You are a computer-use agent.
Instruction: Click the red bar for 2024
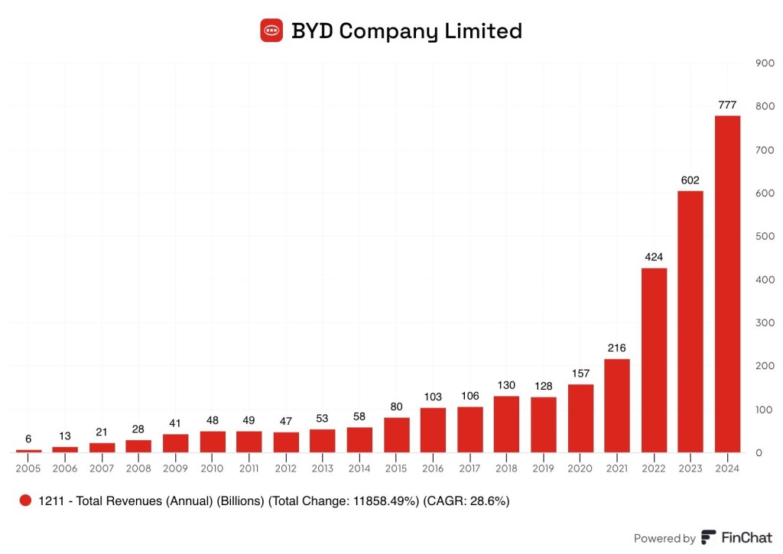coord(727,283)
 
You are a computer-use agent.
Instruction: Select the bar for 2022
coord(654,360)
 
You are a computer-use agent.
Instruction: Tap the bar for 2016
coord(433,430)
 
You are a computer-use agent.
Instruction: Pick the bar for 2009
coord(175,443)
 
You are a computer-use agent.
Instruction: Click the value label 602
coord(690,180)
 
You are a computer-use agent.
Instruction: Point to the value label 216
coord(617,348)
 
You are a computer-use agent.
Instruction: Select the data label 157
coord(580,374)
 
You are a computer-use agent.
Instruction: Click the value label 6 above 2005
coord(28,439)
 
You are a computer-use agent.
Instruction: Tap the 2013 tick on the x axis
coord(322,468)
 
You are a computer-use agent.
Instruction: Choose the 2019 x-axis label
coord(543,468)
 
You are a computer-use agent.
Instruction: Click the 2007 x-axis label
coord(102,468)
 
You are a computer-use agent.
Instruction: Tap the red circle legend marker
coord(25,501)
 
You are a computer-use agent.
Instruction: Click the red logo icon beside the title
coord(271,31)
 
